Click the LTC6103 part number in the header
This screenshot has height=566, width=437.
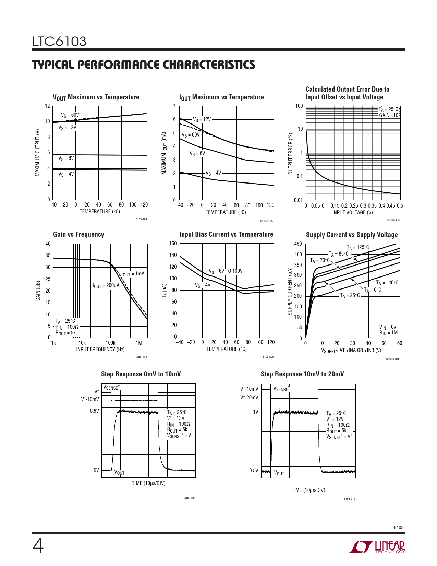tap(59, 42)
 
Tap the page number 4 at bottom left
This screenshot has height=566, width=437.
tap(38, 546)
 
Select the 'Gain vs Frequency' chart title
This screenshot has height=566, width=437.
tap(78, 235)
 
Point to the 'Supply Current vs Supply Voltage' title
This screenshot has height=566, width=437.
tap(352, 235)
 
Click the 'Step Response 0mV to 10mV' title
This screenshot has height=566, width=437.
tap(141, 374)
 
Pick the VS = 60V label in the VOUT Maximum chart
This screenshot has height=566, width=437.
tap(70, 115)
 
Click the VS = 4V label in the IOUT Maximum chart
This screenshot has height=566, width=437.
tap(213, 173)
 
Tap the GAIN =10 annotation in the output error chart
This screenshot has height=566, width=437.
tap(389, 115)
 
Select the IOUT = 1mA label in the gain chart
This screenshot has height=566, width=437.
tap(133, 274)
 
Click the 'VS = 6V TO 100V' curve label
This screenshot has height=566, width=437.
tap(226, 271)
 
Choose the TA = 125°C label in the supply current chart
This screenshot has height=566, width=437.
tap(358, 247)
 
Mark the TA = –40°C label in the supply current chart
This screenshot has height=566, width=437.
tap(387, 283)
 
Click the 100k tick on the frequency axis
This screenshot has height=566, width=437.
tap(110, 343)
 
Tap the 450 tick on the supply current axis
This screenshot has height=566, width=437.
tap(298, 244)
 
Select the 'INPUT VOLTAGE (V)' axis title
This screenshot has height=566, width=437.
tap(352, 213)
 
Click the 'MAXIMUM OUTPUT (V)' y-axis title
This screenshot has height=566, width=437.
tap(38, 153)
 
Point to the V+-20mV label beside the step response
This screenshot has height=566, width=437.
tap(249, 398)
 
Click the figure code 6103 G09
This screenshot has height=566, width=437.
tap(268, 357)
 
